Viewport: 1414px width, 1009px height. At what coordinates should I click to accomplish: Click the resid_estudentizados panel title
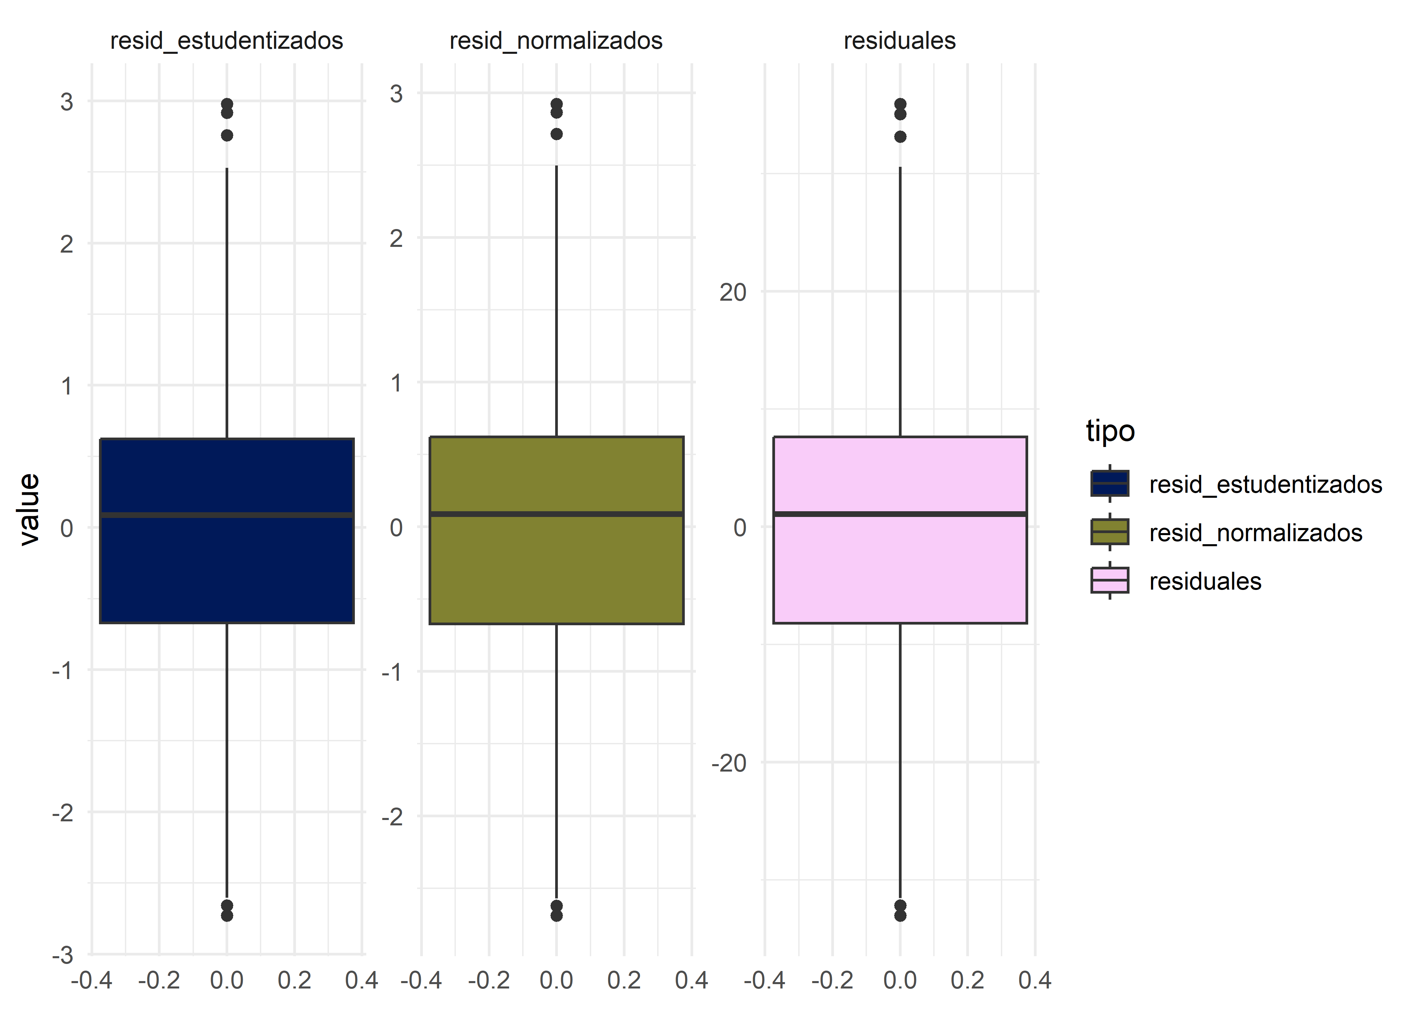click(226, 41)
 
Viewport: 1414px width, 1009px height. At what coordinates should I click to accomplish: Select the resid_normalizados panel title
click(556, 41)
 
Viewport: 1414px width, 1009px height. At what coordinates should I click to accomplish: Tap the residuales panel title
click(899, 41)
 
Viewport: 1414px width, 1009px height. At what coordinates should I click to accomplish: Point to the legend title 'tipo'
click(1110, 431)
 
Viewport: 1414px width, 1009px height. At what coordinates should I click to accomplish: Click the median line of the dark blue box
click(226, 515)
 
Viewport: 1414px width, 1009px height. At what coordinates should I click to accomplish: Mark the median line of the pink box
click(899, 514)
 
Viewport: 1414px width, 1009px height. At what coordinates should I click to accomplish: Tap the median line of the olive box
click(556, 514)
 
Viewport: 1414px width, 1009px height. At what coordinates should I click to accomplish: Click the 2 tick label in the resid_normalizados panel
click(396, 238)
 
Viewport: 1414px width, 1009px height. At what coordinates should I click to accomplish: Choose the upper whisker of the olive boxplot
click(556, 298)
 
